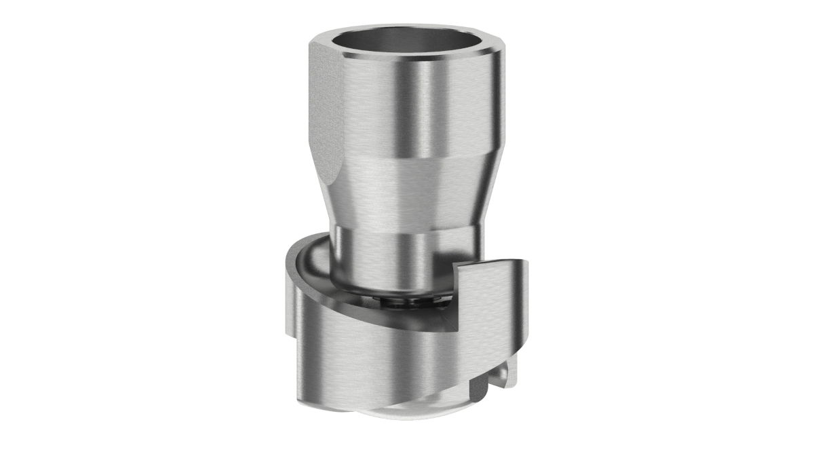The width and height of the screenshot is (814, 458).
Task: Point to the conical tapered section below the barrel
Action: (x=407, y=190)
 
